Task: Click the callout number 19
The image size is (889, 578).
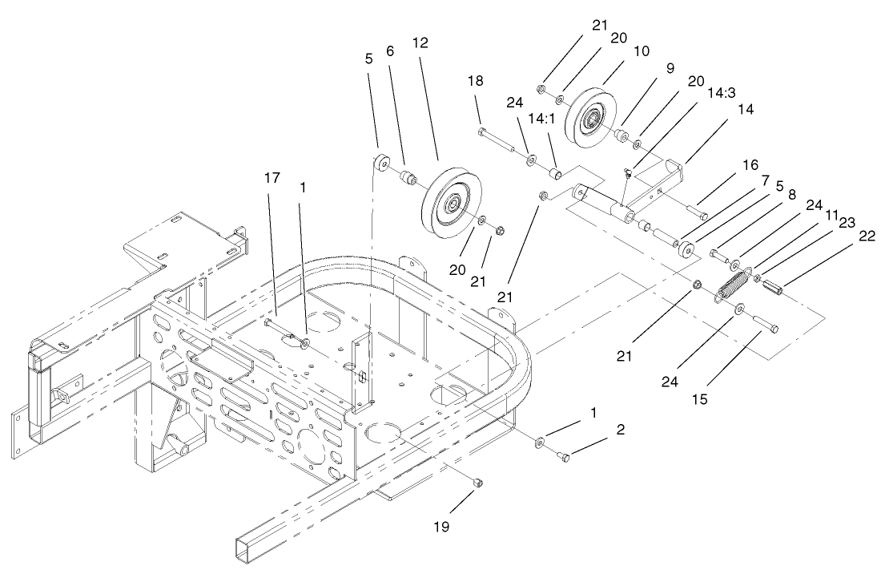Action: pos(440,527)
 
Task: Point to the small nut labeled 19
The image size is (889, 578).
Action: pos(477,483)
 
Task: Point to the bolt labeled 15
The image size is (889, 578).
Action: pos(764,324)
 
